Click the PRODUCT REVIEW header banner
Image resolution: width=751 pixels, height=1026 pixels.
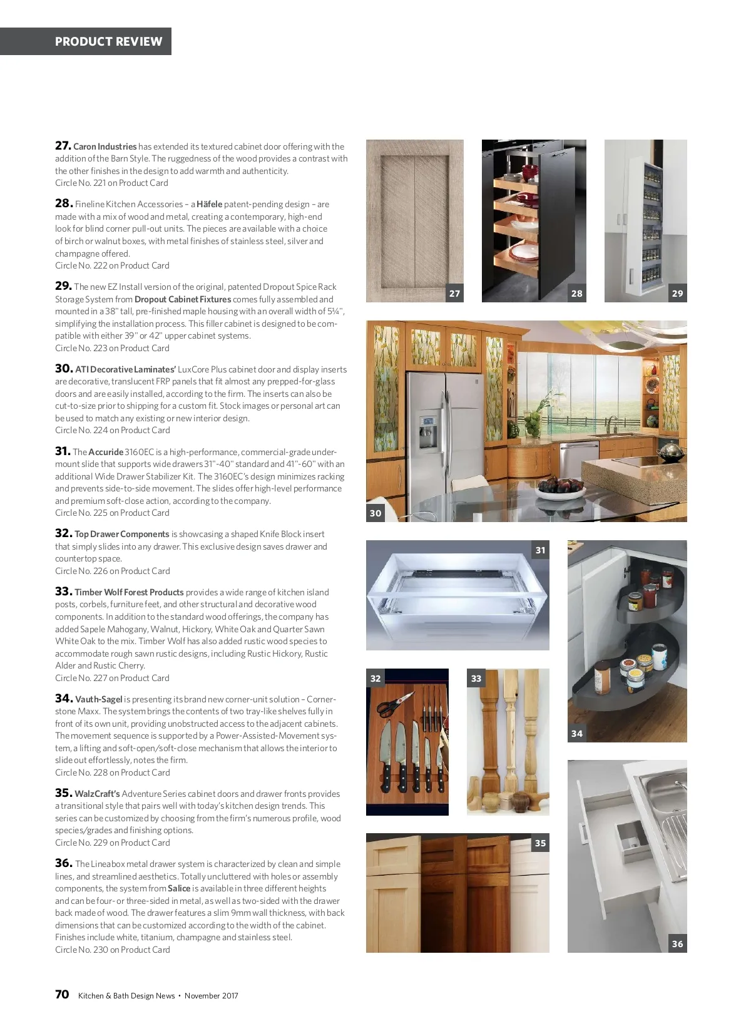tap(86, 41)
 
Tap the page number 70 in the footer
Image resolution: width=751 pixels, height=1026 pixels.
tap(63, 995)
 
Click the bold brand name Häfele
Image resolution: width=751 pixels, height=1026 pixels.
tap(209, 204)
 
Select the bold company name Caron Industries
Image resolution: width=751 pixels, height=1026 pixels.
tap(105, 146)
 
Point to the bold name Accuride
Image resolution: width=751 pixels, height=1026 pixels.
tap(106, 452)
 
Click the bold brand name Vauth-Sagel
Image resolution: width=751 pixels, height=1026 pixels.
tap(98, 699)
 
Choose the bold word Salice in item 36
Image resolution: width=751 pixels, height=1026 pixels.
tap(179, 888)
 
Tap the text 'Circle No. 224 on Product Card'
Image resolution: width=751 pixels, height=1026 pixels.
tap(113, 430)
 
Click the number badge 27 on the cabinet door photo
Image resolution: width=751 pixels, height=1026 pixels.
tap(454, 294)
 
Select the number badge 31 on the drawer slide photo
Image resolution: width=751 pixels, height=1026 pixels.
tap(540, 550)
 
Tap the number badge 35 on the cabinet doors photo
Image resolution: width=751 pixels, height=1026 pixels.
tap(540, 843)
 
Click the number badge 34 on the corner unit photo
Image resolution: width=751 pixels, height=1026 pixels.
tap(577, 733)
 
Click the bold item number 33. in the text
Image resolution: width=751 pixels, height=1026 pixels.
tap(64, 592)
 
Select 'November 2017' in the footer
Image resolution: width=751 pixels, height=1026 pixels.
tap(211, 995)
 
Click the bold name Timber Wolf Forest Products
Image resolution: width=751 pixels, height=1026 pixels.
tap(129, 592)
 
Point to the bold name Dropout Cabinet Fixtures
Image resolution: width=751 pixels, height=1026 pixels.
tap(183, 300)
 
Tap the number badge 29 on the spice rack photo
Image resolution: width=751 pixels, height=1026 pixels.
tap(678, 294)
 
